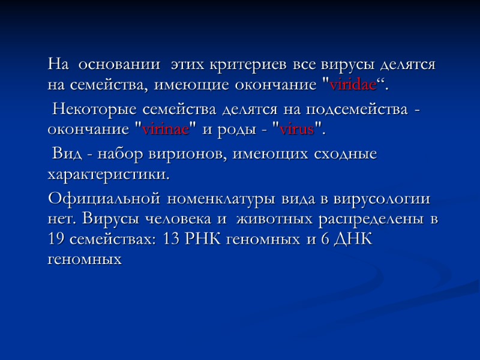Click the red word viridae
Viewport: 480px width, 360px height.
[353, 85]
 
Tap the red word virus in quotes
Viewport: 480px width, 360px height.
[296, 130]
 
